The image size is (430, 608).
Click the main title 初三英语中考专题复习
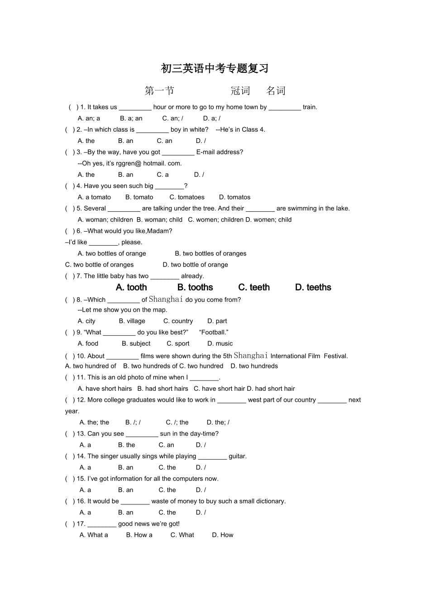pyautogui.click(x=215, y=68)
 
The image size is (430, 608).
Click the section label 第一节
pyautogui.click(x=159, y=91)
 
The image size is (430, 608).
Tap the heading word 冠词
pyautogui.click(x=240, y=91)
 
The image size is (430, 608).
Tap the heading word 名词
pyautogui.click(x=276, y=91)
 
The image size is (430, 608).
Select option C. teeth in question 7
pyautogui.click(x=254, y=287)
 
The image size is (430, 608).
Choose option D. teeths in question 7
pyautogui.click(x=313, y=287)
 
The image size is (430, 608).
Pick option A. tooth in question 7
pyautogui.click(x=131, y=287)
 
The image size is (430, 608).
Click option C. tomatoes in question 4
pyautogui.click(x=187, y=197)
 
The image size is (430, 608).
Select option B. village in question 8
pyautogui.click(x=132, y=321)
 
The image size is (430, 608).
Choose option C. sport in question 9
pyautogui.click(x=178, y=344)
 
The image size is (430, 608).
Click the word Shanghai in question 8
pyautogui.click(x=166, y=299)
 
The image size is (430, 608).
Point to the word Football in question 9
pyautogui.click(x=213, y=332)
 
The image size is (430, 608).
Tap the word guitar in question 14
pyautogui.click(x=237, y=456)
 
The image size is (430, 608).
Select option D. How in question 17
pyautogui.click(x=223, y=535)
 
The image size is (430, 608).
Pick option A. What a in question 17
pyautogui.click(x=94, y=535)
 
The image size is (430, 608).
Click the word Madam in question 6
pyautogui.click(x=162, y=231)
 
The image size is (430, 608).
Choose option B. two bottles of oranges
pyautogui.click(x=210, y=254)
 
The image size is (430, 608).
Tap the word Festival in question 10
pyautogui.click(x=335, y=356)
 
